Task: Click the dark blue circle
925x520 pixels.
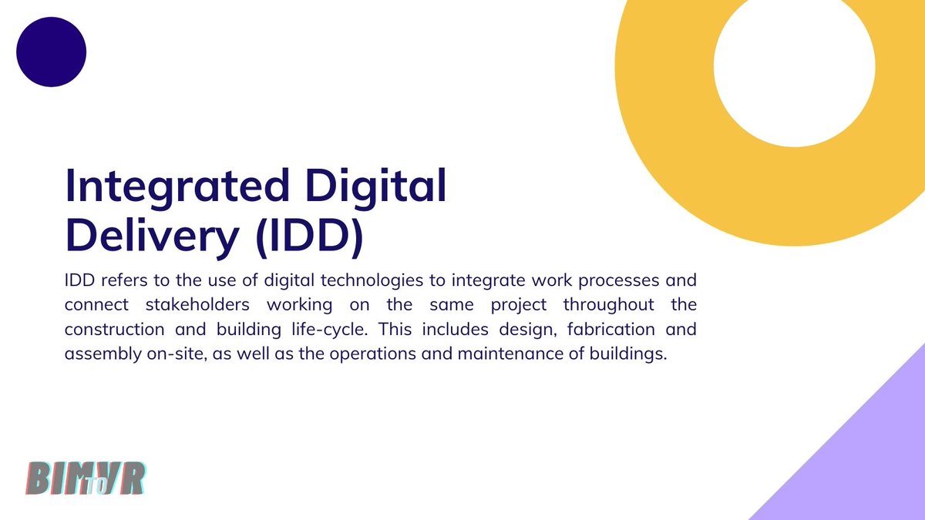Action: [x=51, y=52]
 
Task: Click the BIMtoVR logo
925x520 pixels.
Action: [x=86, y=478]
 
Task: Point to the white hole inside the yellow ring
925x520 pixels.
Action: [x=794, y=65]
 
